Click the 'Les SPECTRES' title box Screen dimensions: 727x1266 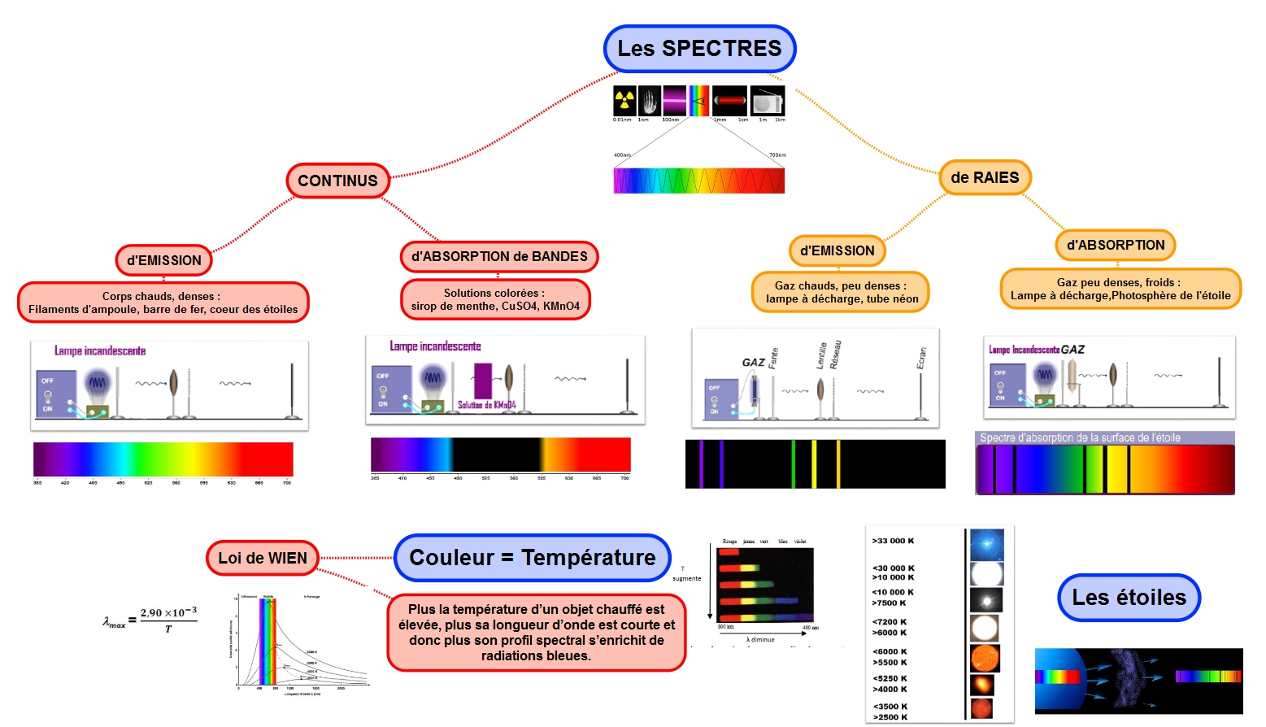pyautogui.click(x=699, y=49)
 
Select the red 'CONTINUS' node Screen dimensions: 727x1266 pyautogui.click(x=337, y=181)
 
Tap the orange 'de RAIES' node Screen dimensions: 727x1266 pyautogui.click(x=985, y=177)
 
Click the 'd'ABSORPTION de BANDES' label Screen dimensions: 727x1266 pyautogui.click(x=499, y=256)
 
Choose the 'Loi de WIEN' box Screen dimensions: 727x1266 pyautogui.click(x=263, y=558)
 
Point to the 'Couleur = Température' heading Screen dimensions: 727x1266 pyautogui.click(x=533, y=558)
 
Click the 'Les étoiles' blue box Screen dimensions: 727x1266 pyautogui.click(x=1129, y=598)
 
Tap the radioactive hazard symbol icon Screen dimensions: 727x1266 pyautogui.click(x=624, y=101)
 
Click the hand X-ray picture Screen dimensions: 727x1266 pyautogui.click(x=649, y=101)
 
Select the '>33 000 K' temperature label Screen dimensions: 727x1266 pyautogui.click(x=893, y=541)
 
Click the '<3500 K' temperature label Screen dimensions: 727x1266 pyautogui.click(x=890, y=707)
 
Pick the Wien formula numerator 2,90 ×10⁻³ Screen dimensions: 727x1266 pyautogui.click(x=168, y=612)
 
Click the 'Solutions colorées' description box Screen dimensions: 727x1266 pyautogui.click(x=495, y=299)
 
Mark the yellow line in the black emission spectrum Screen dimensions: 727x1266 pyautogui.click(x=814, y=464)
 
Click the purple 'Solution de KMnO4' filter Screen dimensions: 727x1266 pyautogui.click(x=483, y=381)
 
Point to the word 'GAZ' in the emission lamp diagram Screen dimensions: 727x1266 pyautogui.click(x=753, y=363)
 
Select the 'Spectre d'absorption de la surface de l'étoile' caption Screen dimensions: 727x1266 pyautogui.click(x=1080, y=438)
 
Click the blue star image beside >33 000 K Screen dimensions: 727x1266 pyautogui.click(x=986, y=544)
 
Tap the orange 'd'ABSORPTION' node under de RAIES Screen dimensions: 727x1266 pyautogui.click(x=1116, y=245)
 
